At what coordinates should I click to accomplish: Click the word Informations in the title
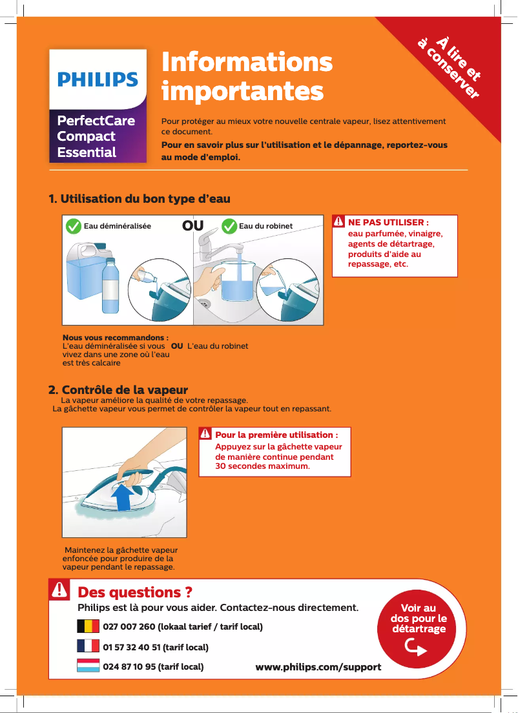pos(247,63)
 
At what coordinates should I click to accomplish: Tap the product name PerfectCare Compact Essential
pos(96,137)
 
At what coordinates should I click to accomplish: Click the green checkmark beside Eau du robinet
pos(229,226)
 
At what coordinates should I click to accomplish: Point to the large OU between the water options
pos(192,226)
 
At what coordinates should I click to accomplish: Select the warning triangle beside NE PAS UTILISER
pos(339,222)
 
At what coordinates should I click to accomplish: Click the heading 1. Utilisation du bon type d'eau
pos(140,198)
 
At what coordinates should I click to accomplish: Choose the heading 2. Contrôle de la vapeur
pos(119,390)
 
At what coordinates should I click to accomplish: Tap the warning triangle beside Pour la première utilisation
pos(206,434)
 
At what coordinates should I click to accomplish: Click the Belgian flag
pos(88,626)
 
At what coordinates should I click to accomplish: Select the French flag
pos(88,646)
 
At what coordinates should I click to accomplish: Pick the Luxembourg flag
pos(88,666)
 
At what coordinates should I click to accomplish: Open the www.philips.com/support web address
pos(318,666)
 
